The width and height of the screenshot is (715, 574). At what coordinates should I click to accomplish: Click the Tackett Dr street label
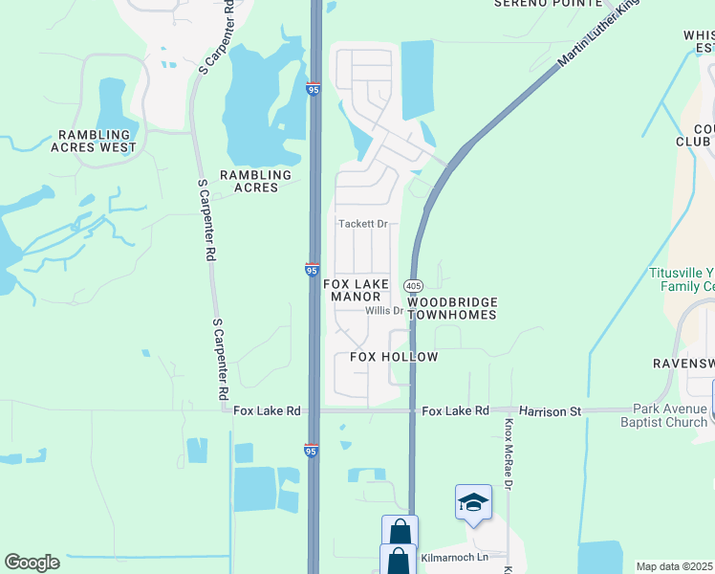[x=364, y=224]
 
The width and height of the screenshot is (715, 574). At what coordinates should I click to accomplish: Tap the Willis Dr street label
[x=384, y=311]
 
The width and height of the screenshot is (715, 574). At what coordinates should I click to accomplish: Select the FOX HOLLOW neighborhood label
[x=394, y=357]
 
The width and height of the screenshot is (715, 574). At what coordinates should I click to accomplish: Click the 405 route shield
[x=413, y=286]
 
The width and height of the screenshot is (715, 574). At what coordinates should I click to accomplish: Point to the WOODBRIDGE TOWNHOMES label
[x=452, y=308]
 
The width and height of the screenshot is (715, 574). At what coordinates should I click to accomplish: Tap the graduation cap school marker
[x=473, y=502]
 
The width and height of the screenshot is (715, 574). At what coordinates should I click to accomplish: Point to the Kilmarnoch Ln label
[x=454, y=557]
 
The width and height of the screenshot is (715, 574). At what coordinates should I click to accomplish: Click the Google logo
[x=32, y=563]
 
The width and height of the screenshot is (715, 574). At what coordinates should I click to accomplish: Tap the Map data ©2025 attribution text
[x=675, y=566]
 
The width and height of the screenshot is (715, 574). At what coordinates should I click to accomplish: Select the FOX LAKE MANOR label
[x=357, y=290]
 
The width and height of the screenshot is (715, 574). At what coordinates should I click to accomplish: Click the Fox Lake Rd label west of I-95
[x=267, y=411]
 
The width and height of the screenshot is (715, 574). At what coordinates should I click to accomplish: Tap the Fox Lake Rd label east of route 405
[x=455, y=411]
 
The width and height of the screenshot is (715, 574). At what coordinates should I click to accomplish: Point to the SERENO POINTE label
[x=548, y=4]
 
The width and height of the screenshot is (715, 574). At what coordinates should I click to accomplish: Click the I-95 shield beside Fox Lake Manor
[x=313, y=271]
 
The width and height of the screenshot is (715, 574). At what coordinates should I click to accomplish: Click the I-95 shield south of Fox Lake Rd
[x=312, y=449]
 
